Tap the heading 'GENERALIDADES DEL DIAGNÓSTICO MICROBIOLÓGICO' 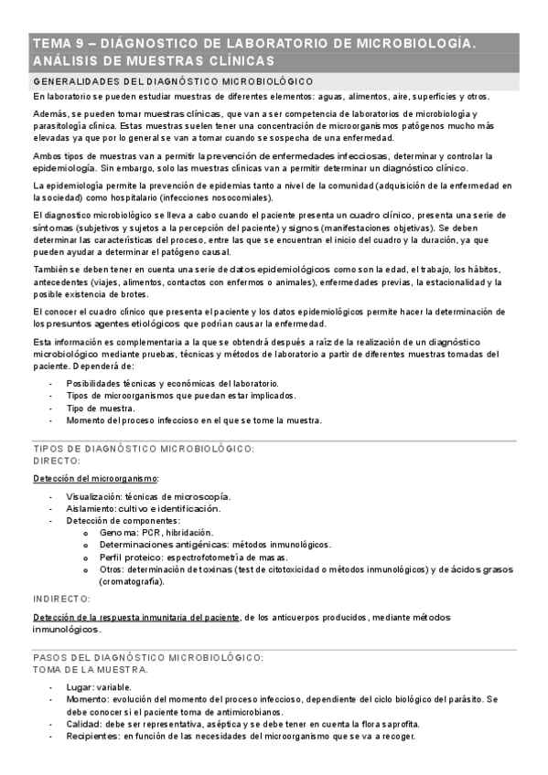(x=173, y=82)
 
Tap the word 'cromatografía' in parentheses (x=132, y=581)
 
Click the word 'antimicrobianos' (x=253, y=712)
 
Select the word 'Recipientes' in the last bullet (x=91, y=737)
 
